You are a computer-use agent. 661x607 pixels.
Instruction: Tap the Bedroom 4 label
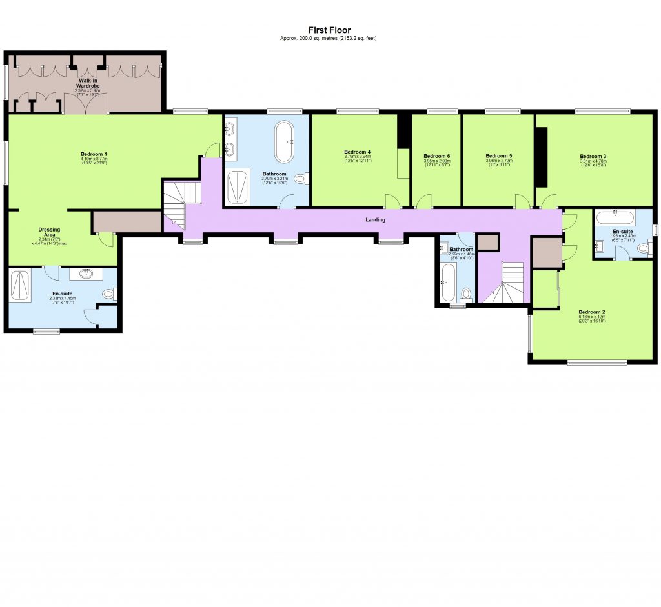(x=357, y=152)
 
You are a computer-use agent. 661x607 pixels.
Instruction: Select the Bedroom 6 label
(x=436, y=156)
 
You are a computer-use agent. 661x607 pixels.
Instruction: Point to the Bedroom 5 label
(x=499, y=156)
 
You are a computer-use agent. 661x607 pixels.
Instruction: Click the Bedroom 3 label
(x=593, y=156)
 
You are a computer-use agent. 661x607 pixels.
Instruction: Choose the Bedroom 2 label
(x=592, y=312)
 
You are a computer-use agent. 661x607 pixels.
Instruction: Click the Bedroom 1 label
(x=94, y=154)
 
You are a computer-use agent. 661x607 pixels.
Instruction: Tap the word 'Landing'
(x=375, y=220)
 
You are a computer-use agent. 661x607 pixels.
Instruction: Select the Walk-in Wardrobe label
(x=88, y=83)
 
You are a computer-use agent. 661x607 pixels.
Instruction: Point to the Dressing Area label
(x=49, y=232)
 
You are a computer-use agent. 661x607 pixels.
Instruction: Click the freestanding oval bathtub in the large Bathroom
(x=284, y=141)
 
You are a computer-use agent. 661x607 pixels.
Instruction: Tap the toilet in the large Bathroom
(x=301, y=178)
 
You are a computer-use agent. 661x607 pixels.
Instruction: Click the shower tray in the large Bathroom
(x=238, y=186)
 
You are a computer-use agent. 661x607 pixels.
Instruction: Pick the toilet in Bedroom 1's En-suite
(x=108, y=294)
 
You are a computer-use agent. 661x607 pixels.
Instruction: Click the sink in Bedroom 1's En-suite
(x=85, y=274)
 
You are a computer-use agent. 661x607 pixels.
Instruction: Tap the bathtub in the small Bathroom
(x=445, y=286)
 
